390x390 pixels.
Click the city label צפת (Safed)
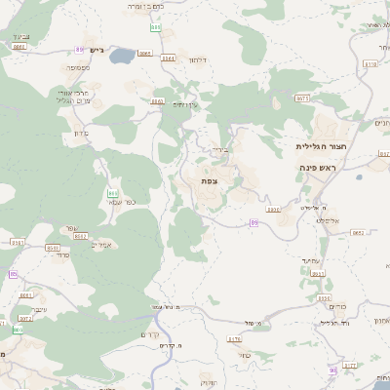[209, 180]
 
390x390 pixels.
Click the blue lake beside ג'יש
[123, 58]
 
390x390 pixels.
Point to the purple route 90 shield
[333, 369]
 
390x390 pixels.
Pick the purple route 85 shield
[13, 275]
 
